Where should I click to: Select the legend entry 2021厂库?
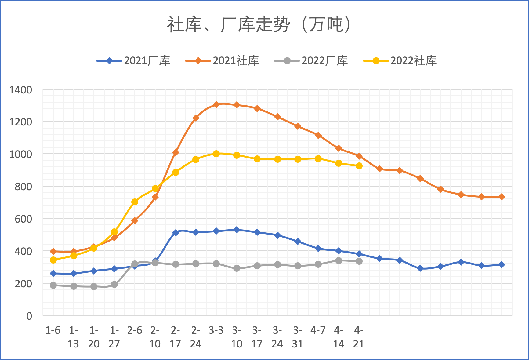133,61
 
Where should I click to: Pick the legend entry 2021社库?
222,61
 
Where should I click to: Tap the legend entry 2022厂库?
311,61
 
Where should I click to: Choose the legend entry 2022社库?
400,61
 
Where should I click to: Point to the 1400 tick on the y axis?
21,90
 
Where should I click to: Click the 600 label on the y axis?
24,219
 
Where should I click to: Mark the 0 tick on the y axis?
29,316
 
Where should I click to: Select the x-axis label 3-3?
216,330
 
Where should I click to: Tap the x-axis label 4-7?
318,330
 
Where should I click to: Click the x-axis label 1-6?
53,330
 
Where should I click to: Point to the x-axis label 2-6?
135,330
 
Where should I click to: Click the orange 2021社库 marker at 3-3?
216,105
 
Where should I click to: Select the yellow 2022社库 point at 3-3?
216,154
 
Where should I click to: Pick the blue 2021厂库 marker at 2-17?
176,233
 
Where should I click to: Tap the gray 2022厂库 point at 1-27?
114,285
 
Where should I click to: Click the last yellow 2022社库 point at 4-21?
359,166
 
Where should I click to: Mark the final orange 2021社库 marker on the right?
502,197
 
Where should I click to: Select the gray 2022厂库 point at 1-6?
53,285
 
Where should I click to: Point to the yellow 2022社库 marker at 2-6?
135,202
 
